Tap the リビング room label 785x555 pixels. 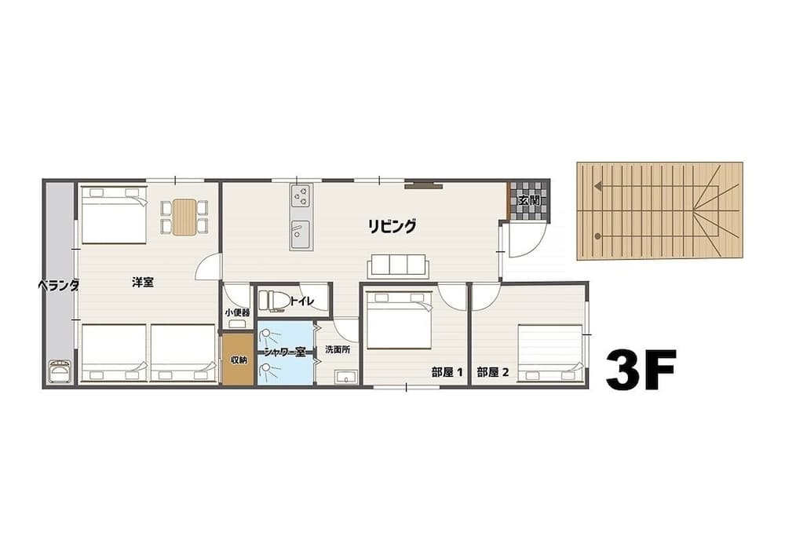click(392, 227)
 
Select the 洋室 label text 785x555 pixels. click(143, 282)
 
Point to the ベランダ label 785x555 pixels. click(59, 286)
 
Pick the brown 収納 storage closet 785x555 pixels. click(238, 360)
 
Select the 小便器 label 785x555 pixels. click(237, 312)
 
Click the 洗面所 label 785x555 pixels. click(338, 350)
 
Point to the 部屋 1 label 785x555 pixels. click(447, 373)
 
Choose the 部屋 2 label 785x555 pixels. click(493, 373)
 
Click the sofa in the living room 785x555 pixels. click(398, 265)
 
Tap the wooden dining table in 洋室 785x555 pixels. click(184, 217)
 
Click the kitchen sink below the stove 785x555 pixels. click(301, 234)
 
